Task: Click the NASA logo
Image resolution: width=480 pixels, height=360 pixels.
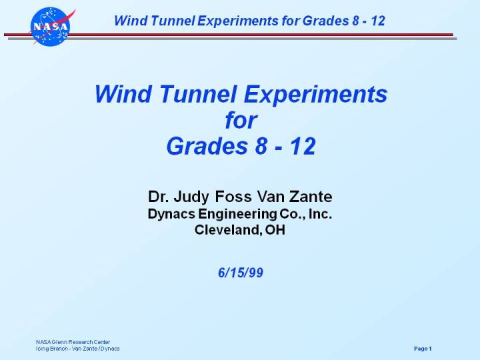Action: [50, 27]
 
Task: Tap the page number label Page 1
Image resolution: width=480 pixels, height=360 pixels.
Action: [423, 349]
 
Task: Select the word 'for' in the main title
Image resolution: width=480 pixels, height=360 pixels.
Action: [241, 121]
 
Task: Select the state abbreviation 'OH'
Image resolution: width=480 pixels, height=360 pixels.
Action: [275, 231]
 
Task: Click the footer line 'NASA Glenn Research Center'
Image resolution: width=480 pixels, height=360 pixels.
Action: [73, 342]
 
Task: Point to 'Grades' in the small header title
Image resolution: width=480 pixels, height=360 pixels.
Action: [323, 21]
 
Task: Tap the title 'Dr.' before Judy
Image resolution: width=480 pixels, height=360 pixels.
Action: [157, 197]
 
